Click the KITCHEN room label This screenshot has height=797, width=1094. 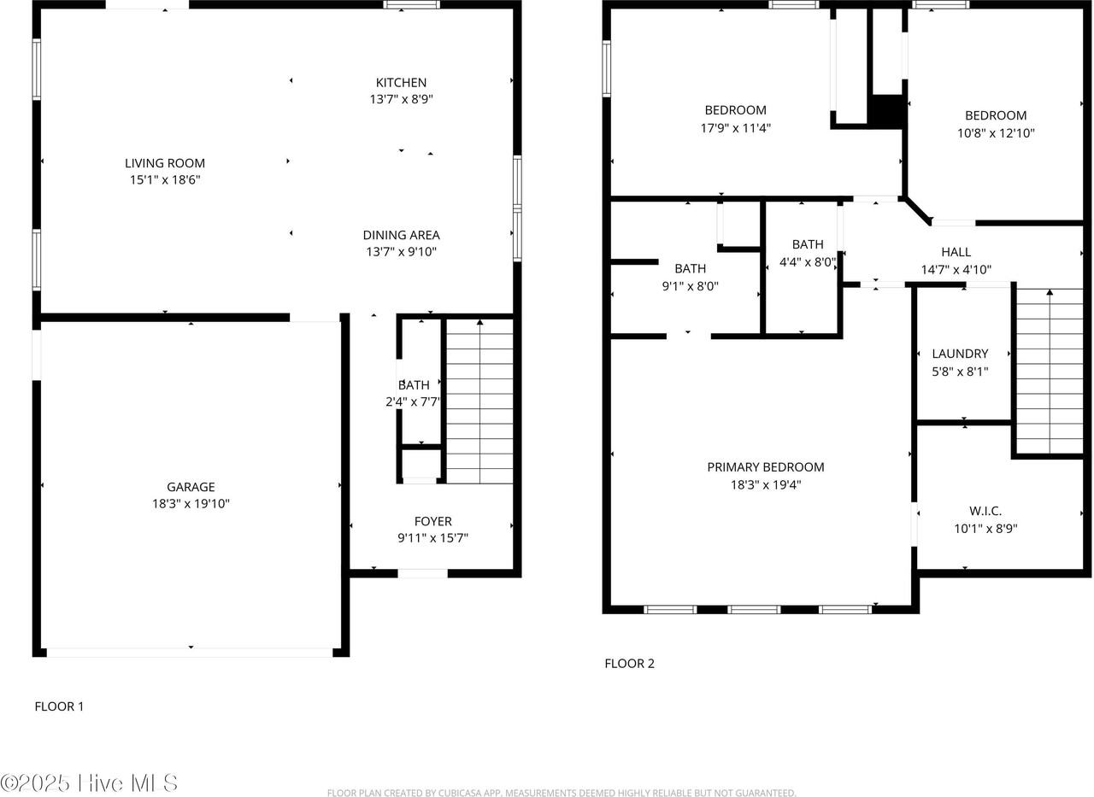pos(401,83)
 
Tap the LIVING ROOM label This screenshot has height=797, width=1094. pos(165,163)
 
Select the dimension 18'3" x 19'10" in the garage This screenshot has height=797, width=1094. pos(191,504)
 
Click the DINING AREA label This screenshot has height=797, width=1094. pos(401,235)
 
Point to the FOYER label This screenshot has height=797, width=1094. pos(432,521)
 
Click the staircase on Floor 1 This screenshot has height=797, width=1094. pos(479,401)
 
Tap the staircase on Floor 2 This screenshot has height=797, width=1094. pos(1049,372)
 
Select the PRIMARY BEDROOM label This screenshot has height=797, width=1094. pos(765,467)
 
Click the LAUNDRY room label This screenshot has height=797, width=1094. pos(960,354)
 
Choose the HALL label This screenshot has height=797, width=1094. pos(956,252)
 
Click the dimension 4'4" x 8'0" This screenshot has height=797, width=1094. pos(807,262)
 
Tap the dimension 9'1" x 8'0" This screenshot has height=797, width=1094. pos(690,286)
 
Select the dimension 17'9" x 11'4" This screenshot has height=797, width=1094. pos(735,128)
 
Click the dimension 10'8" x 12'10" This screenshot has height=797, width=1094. pos(995,133)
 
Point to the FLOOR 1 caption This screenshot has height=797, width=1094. pos(59,706)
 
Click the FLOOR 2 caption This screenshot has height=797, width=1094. pos(629,663)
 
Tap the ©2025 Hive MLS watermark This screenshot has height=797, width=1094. pos(89,782)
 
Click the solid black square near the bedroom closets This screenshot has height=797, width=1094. pos(886,112)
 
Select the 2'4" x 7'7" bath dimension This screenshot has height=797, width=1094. pos(413,401)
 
